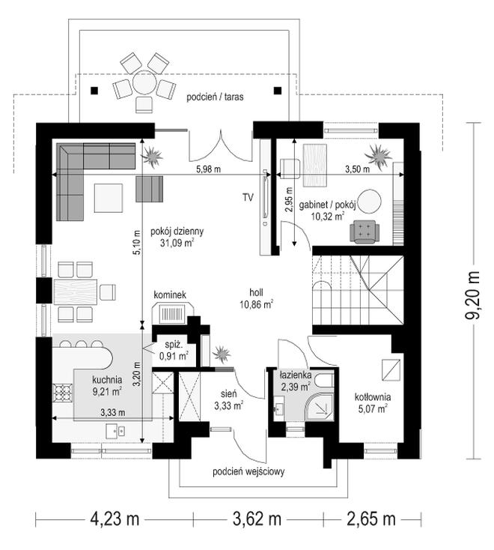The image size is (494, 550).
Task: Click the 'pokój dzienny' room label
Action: (x=177, y=232)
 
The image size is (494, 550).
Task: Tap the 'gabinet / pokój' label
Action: (x=328, y=205)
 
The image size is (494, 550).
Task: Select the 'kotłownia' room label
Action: (x=373, y=397)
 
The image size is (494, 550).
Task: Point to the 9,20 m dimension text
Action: (x=474, y=295)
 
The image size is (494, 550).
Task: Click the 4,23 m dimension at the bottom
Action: (x=115, y=519)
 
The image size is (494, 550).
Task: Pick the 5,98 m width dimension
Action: (x=209, y=169)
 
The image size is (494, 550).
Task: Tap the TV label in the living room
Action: (x=248, y=198)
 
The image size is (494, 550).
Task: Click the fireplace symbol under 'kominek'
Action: (x=172, y=313)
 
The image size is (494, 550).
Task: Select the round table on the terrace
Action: (x=144, y=82)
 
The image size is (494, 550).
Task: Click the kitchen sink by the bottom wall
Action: (x=115, y=431)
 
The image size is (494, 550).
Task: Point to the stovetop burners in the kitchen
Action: (x=63, y=392)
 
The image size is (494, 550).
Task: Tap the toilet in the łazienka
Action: (x=324, y=380)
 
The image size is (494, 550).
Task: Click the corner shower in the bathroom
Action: (x=320, y=406)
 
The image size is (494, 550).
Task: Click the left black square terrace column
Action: (x=94, y=91)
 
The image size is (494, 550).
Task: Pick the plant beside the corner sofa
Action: (x=152, y=156)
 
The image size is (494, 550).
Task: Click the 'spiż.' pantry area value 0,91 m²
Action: (x=174, y=356)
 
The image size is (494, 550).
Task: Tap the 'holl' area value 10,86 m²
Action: (x=257, y=304)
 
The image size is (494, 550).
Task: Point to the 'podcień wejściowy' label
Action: (x=248, y=472)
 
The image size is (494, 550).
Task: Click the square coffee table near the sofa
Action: (x=109, y=198)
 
